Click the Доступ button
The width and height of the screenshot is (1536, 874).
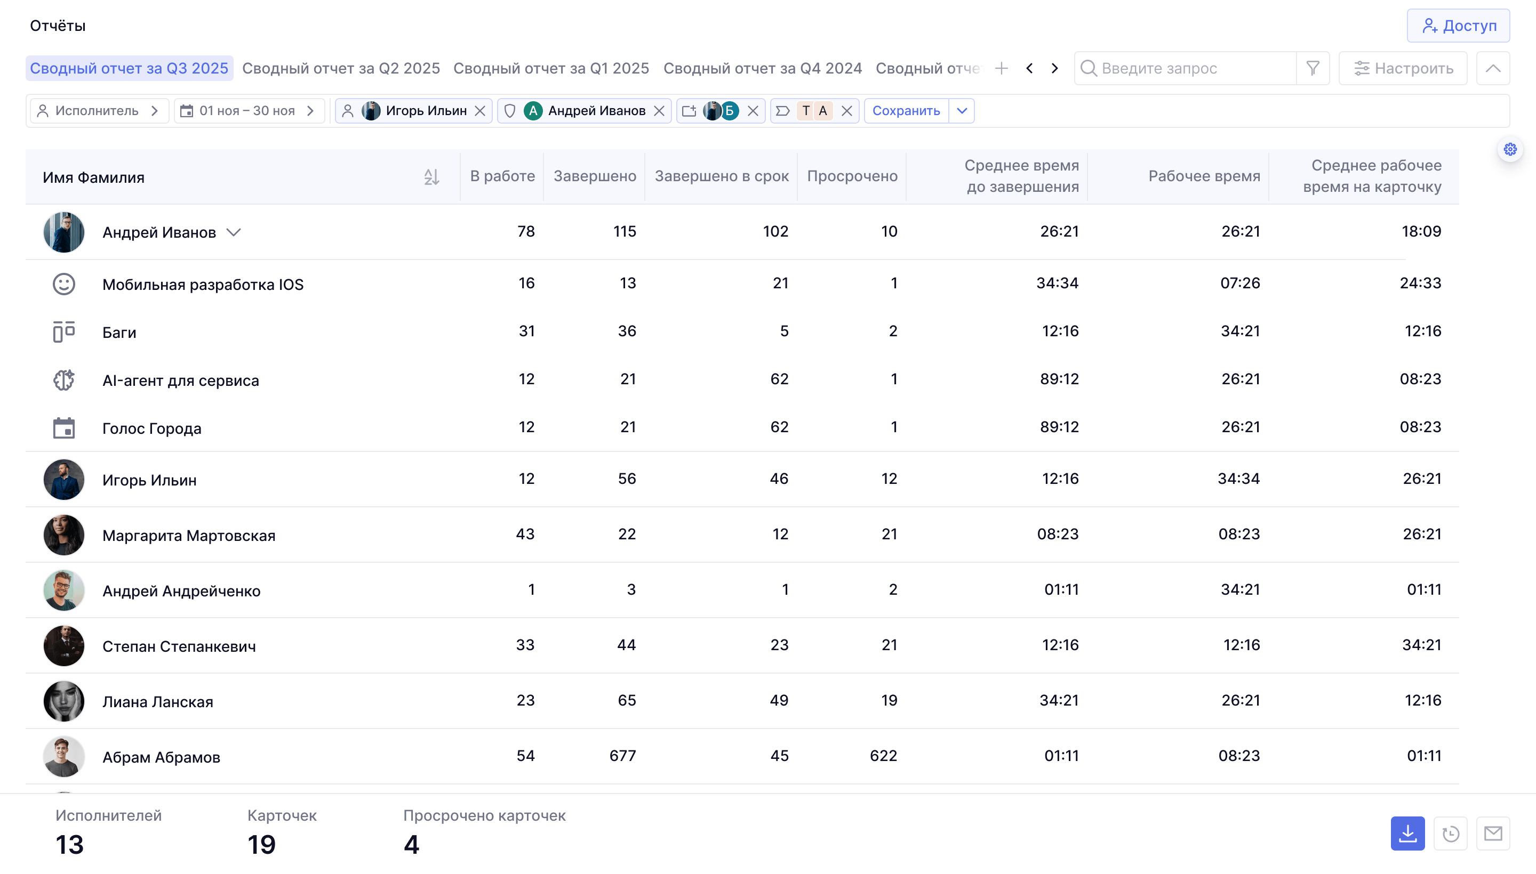click(x=1458, y=26)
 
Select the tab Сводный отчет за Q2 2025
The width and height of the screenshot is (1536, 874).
click(x=341, y=68)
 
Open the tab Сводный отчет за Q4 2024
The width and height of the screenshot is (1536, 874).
click(x=762, y=68)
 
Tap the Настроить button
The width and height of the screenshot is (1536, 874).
click(x=1403, y=68)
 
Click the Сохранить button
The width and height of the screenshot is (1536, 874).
click(x=906, y=111)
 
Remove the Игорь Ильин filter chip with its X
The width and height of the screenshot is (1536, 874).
click(x=480, y=111)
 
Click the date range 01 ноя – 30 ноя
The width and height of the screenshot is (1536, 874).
click(x=247, y=111)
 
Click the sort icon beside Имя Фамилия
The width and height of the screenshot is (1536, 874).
click(x=431, y=177)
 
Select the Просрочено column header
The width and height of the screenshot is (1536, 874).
click(x=852, y=176)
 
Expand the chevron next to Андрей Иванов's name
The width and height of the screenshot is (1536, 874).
click(x=234, y=232)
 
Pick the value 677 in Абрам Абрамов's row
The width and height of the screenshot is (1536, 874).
click(x=622, y=756)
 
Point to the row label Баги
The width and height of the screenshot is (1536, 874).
click(x=119, y=333)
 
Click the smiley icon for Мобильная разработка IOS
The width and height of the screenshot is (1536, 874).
click(x=63, y=284)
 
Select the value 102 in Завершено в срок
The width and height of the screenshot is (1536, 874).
click(x=775, y=231)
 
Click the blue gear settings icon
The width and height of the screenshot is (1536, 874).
click(x=1510, y=149)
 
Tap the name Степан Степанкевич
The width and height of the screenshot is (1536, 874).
click(x=179, y=646)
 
